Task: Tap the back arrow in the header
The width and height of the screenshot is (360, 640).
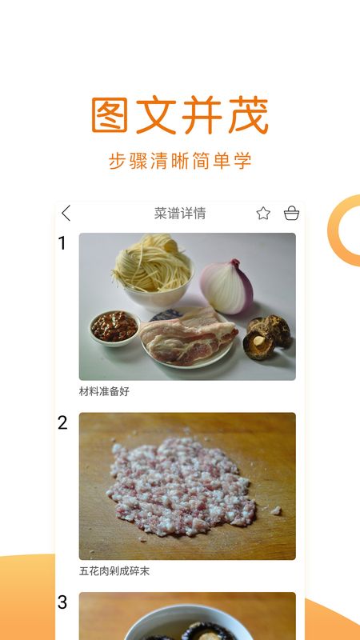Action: click(66, 213)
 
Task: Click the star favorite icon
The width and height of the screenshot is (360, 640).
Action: click(263, 213)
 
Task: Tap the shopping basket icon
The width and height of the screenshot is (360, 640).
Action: click(291, 213)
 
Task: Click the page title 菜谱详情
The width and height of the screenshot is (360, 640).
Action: click(180, 213)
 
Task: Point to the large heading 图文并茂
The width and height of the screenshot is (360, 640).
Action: click(179, 115)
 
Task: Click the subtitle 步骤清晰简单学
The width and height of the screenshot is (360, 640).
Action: click(180, 161)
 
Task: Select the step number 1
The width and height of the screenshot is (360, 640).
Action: click(62, 243)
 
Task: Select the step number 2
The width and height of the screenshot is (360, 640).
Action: click(62, 423)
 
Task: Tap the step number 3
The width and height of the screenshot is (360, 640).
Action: click(62, 602)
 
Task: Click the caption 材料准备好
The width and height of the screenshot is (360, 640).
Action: click(104, 391)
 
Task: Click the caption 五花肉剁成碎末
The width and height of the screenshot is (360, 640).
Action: click(114, 571)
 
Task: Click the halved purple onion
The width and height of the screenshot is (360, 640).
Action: click(226, 286)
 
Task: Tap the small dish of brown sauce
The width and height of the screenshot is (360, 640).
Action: click(114, 327)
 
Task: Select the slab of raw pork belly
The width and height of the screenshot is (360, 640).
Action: click(189, 335)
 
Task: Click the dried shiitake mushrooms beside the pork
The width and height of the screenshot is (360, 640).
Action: click(266, 337)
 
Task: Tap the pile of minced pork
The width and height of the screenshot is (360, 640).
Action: click(181, 486)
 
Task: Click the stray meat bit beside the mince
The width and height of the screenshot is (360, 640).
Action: click(276, 510)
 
